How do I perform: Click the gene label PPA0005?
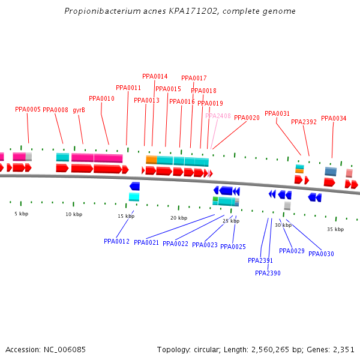click(28, 110)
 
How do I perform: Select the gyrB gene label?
click(79, 110)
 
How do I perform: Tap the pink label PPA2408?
click(218, 116)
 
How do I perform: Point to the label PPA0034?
click(334, 118)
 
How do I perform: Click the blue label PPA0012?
click(116, 241)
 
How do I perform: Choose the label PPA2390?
click(268, 273)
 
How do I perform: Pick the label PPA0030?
click(321, 254)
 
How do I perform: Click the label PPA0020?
click(247, 118)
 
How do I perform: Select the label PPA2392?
click(304, 122)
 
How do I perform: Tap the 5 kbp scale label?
click(22, 214)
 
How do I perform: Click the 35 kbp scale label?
click(335, 229)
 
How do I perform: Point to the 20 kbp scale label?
click(178, 218)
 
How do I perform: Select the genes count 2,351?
click(343, 349)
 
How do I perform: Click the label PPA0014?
click(155, 76)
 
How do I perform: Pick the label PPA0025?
click(233, 247)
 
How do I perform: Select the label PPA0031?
click(277, 113)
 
